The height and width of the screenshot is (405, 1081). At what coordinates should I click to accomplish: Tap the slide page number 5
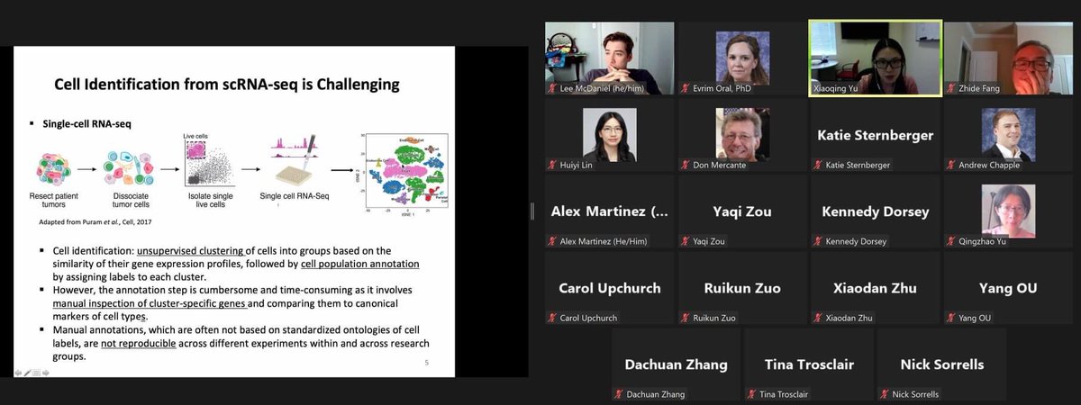coord(426,363)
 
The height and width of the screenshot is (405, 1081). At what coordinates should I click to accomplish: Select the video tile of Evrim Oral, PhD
coord(742,57)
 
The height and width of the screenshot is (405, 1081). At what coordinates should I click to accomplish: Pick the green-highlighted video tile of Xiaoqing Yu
coord(876,57)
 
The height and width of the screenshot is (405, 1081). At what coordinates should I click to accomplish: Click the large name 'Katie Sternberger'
coord(875,135)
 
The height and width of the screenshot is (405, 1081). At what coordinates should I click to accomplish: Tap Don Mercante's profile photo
coord(742,134)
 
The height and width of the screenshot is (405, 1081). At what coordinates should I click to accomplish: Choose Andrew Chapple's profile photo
coord(1006,134)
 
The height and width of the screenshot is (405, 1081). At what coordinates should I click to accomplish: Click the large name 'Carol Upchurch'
coord(609,288)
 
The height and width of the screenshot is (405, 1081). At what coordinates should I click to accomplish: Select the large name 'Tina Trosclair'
coord(809,364)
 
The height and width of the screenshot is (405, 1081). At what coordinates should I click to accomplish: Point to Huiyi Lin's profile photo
coord(610,134)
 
